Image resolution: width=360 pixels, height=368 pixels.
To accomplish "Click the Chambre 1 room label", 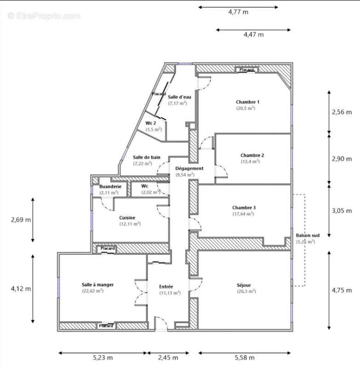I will [248, 102].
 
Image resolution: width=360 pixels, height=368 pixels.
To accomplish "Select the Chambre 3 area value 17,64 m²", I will [244, 214].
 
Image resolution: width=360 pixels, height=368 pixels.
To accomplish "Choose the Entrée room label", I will [166, 286].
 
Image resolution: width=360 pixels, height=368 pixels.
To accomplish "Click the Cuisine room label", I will [127, 218].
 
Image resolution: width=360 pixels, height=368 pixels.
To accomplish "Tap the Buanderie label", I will [110, 186].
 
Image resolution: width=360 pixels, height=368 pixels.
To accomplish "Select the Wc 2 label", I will [151, 123].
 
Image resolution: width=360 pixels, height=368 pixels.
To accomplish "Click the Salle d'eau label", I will [179, 97].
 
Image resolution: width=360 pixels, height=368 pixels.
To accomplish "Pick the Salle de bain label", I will [146, 157].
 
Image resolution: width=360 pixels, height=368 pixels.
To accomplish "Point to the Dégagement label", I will [189, 168].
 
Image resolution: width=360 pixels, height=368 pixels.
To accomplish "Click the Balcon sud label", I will [305, 235].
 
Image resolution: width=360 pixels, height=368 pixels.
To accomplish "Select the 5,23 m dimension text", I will [103, 357].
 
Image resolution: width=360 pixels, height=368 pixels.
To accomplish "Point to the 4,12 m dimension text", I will [21, 289].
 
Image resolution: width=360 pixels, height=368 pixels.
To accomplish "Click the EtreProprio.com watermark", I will [44, 16].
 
